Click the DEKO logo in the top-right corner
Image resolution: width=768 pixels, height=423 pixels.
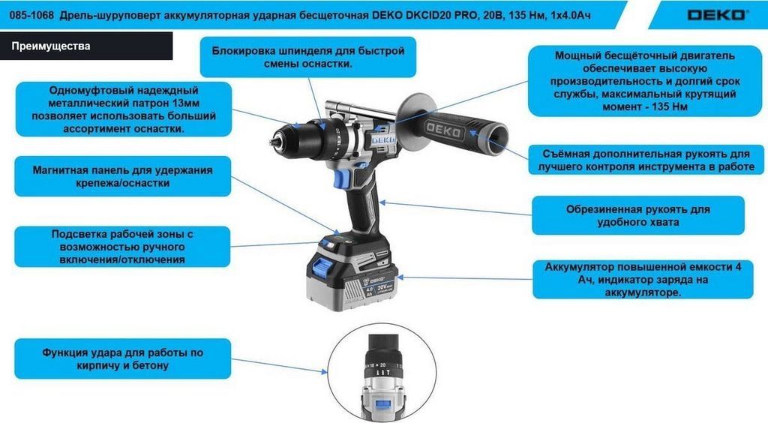click(x=718, y=15)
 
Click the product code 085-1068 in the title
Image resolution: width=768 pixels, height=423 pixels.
click(x=29, y=15)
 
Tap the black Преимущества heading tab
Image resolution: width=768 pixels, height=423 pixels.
click(x=86, y=46)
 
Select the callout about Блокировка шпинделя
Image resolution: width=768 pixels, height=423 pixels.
click(x=308, y=57)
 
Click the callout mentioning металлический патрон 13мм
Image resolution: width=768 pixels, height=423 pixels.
click(x=124, y=109)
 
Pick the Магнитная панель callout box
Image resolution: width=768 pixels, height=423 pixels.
click(x=122, y=176)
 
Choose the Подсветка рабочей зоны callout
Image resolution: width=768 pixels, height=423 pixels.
click(x=122, y=246)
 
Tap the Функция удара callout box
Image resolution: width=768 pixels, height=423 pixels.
click(x=122, y=358)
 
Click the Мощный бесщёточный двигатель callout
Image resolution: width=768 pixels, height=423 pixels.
click(x=644, y=81)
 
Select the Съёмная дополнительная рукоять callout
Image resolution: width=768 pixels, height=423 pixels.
click(x=646, y=160)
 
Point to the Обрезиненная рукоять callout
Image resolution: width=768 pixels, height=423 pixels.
click(x=637, y=215)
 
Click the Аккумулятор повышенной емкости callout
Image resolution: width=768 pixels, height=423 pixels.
click(x=643, y=280)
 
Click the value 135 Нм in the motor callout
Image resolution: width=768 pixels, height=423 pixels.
click(x=670, y=106)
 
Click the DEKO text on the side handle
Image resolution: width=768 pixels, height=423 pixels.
click(x=443, y=130)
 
